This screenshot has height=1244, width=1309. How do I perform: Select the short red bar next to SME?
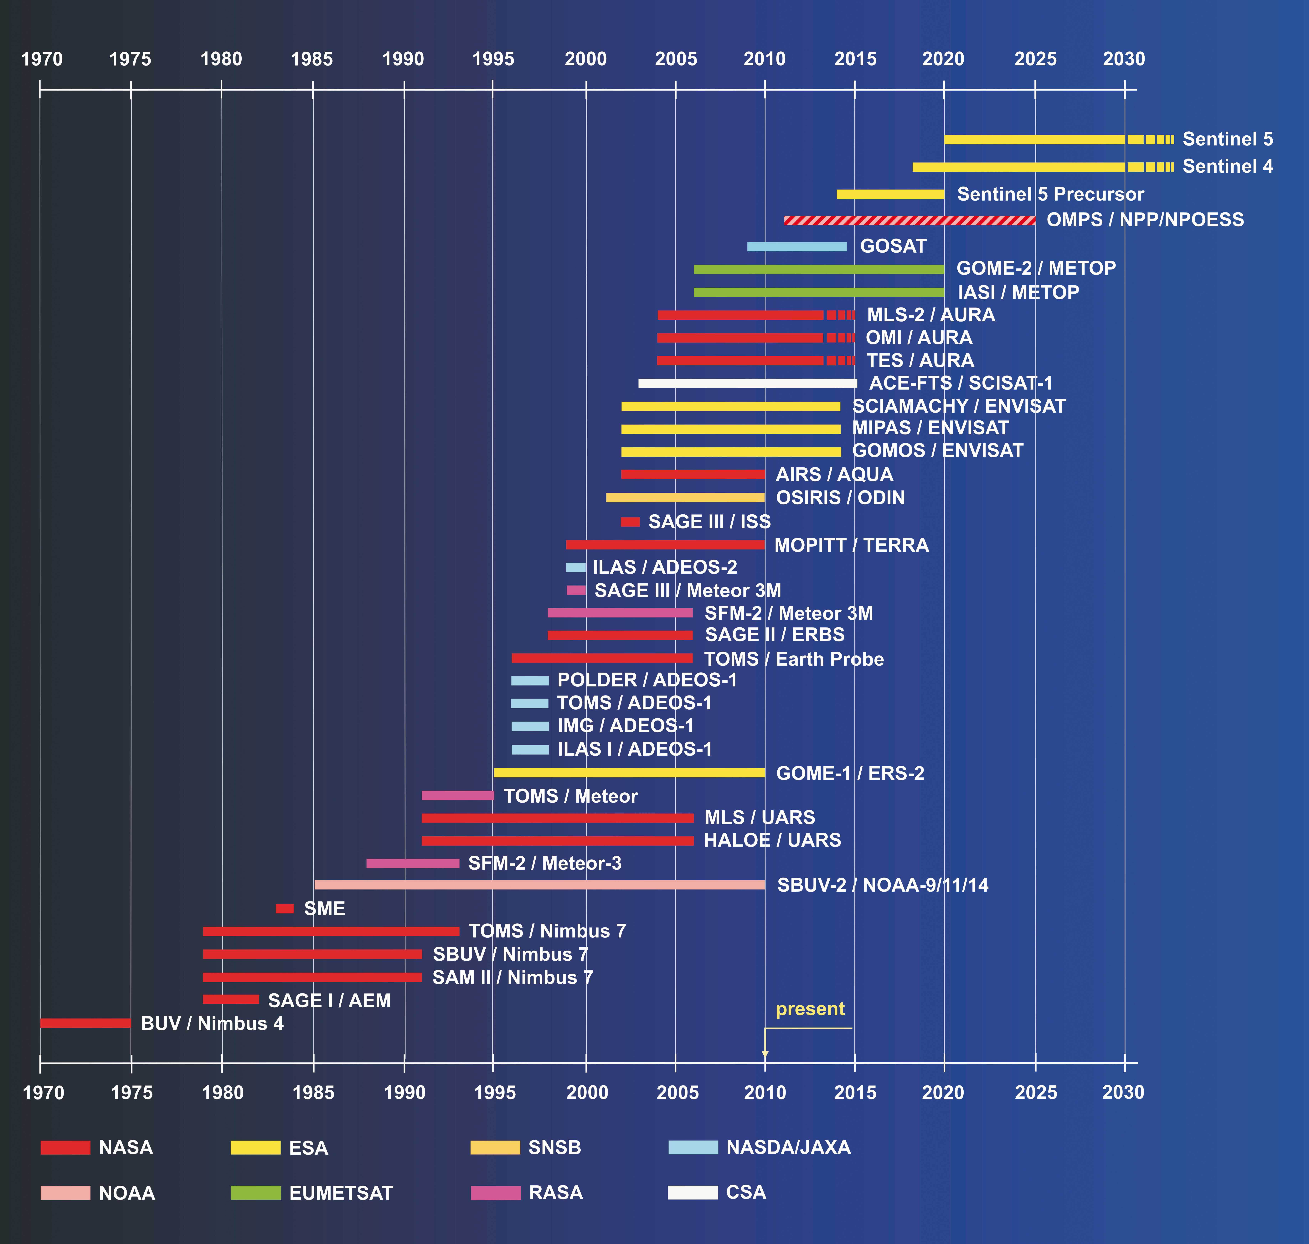284,908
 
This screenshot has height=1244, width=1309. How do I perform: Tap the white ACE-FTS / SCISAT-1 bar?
747,383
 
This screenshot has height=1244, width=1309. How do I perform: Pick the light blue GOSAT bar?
797,247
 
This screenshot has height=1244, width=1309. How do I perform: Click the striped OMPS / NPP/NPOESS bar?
909,220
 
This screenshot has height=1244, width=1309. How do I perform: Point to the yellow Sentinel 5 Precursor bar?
890,194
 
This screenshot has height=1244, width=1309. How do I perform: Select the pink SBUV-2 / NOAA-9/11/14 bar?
539,884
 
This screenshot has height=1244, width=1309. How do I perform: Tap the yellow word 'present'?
810,1009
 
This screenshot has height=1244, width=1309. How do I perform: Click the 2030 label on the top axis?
1123,59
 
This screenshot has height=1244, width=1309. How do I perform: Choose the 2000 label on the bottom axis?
587,1093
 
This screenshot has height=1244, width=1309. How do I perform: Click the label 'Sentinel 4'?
1228,166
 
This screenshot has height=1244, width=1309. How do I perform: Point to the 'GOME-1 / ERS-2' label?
850,773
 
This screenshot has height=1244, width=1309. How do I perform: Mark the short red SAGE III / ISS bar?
630,522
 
